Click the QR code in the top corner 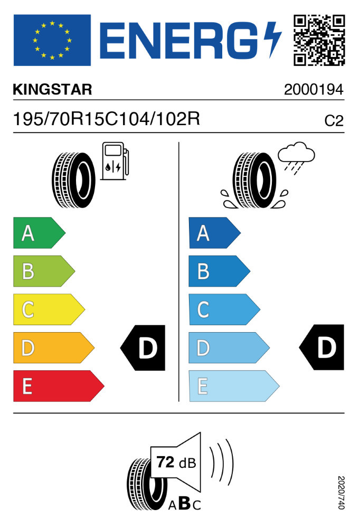(319, 40)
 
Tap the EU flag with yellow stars (52, 40)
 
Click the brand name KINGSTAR (52, 90)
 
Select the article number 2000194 (314, 90)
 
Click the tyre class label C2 (334, 121)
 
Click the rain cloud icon (296, 155)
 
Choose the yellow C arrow (48, 309)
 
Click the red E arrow (58, 386)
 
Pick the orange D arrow (53, 347)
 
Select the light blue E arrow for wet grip (233, 386)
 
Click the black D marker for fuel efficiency (144, 347)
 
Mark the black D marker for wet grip (322, 347)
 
